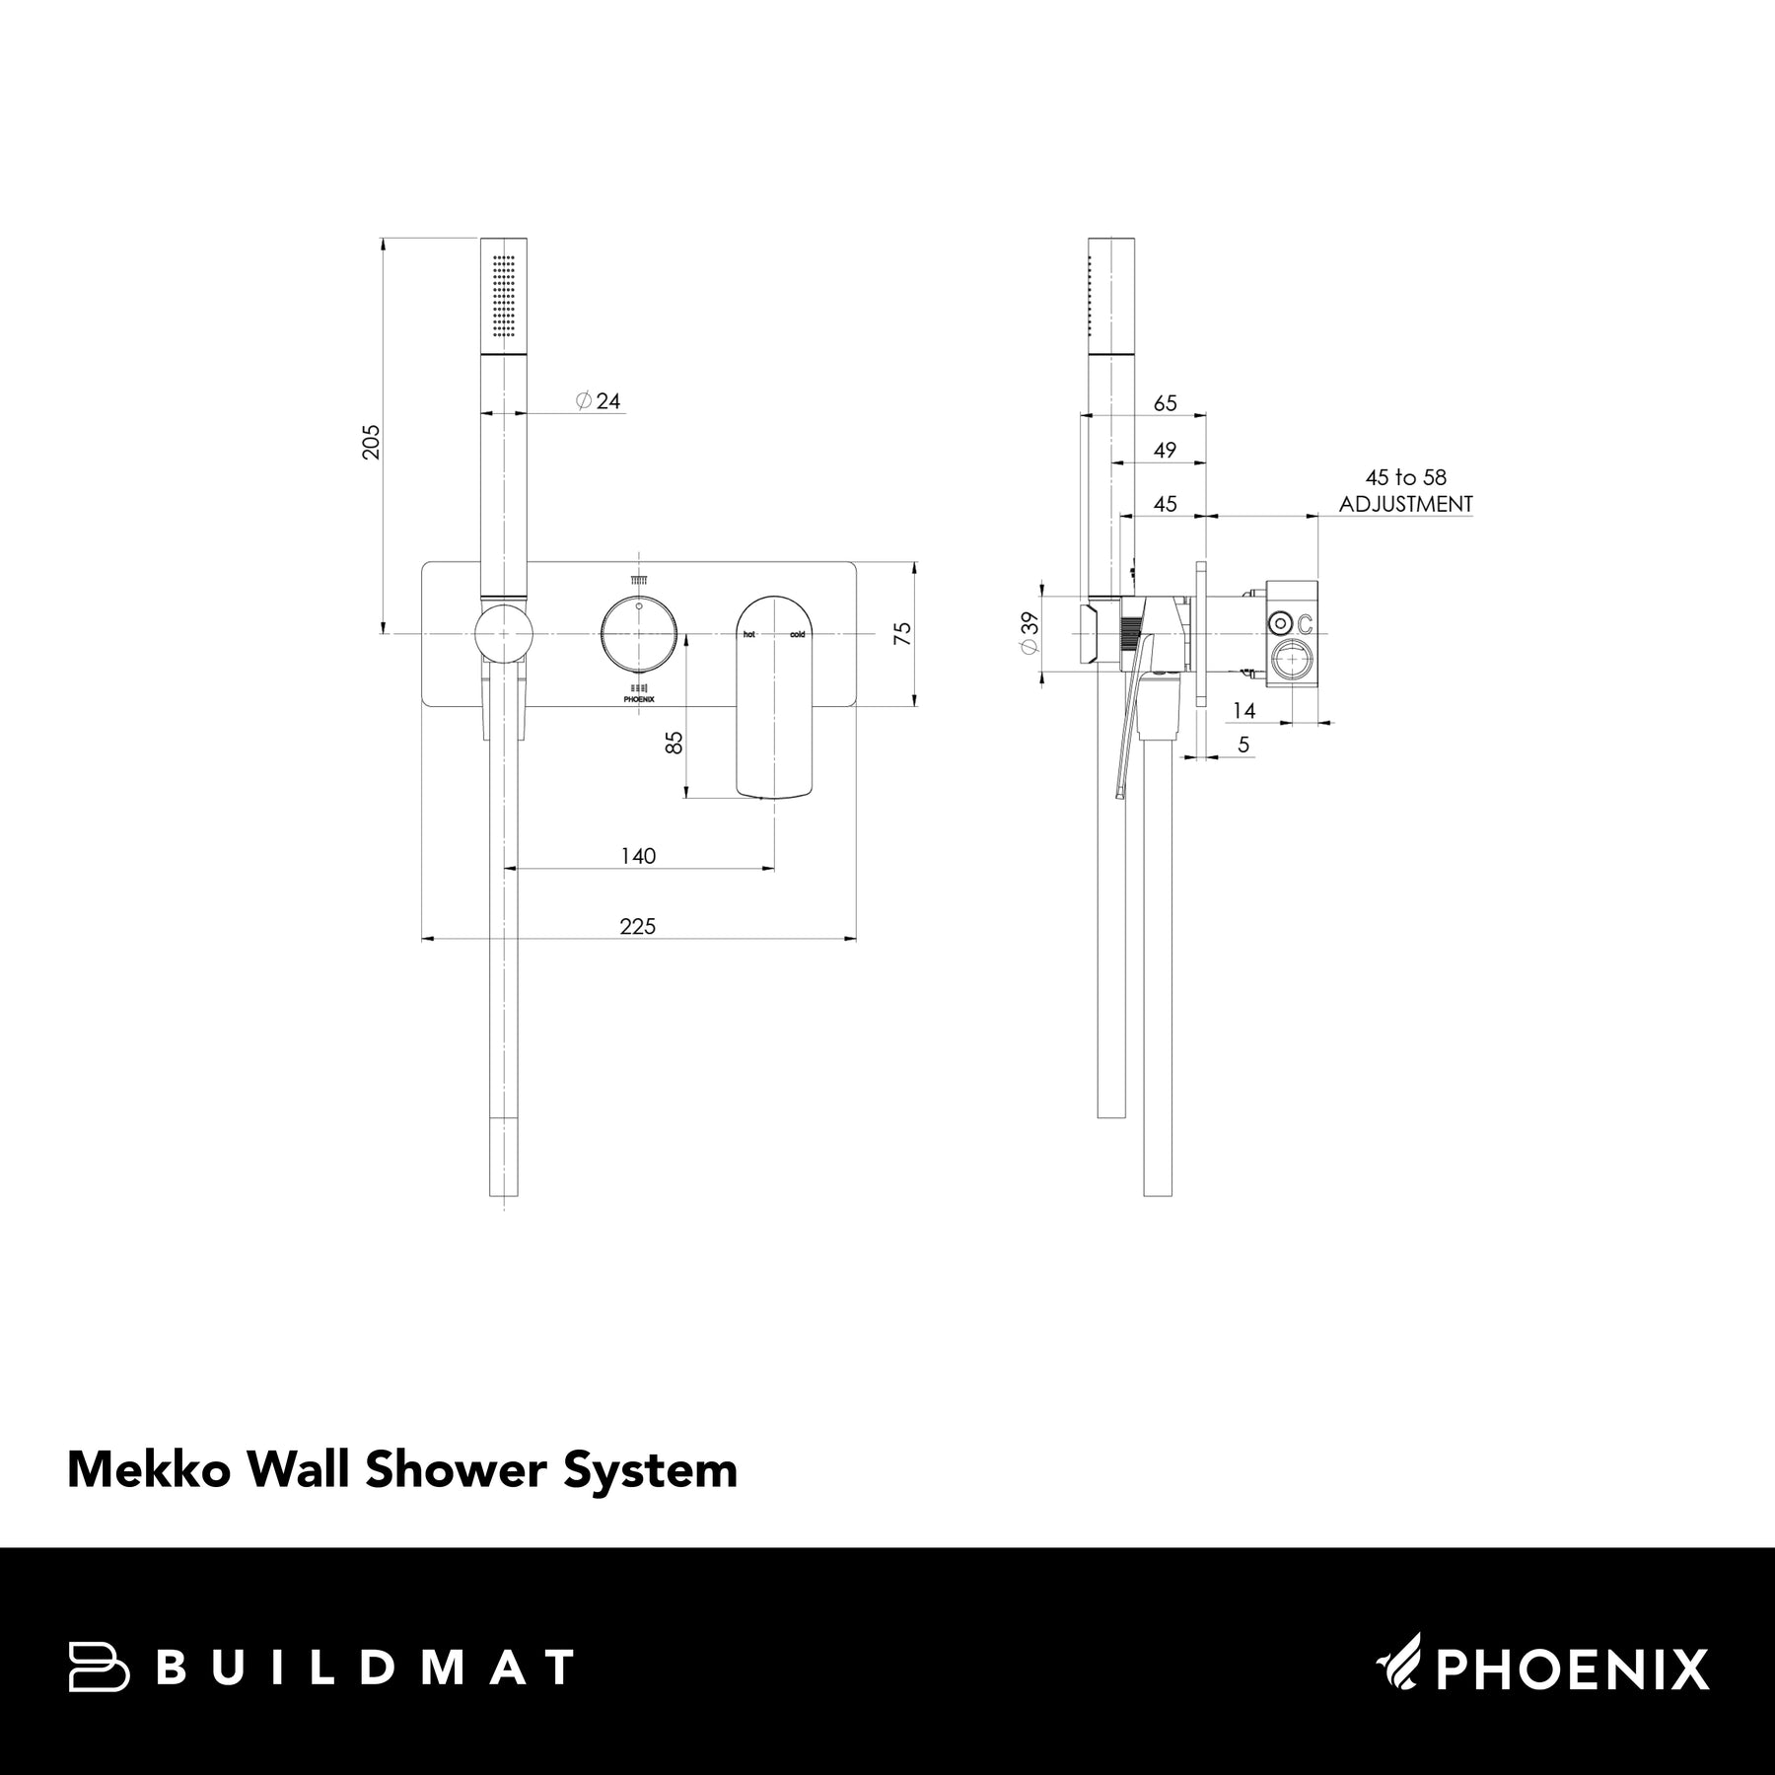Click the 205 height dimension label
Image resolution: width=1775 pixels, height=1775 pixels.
(371, 441)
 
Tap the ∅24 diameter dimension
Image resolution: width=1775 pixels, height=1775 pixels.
(600, 401)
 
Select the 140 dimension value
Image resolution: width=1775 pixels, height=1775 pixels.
(638, 856)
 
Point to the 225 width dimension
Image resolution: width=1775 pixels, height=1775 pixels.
(638, 926)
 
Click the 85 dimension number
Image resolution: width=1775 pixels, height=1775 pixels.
(674, 743)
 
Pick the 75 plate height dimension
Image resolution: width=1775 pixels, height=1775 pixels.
(902, 633)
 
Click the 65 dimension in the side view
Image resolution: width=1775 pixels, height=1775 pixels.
(1165, 403)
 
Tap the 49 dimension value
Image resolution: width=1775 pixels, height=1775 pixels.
(1165, 450)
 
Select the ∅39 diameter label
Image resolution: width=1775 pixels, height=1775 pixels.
(1029, 632)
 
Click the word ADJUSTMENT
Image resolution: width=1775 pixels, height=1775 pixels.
(1405, 504)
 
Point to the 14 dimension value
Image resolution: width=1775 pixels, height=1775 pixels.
(1243, 710)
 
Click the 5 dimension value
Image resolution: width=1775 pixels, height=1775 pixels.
(1243, 745)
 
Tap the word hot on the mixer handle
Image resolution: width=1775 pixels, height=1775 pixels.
(749, 635)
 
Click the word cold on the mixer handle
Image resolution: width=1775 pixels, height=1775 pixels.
(797, 635)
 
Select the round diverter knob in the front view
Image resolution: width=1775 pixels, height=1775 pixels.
(638, 634)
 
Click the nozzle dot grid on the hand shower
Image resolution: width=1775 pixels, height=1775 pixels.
(504, 293)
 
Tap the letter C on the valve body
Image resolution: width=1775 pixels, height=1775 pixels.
(1305, 624)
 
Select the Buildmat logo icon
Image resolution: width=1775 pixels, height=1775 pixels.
(99, 1668)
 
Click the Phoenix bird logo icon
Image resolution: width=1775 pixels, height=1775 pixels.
(1400, 1667)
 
